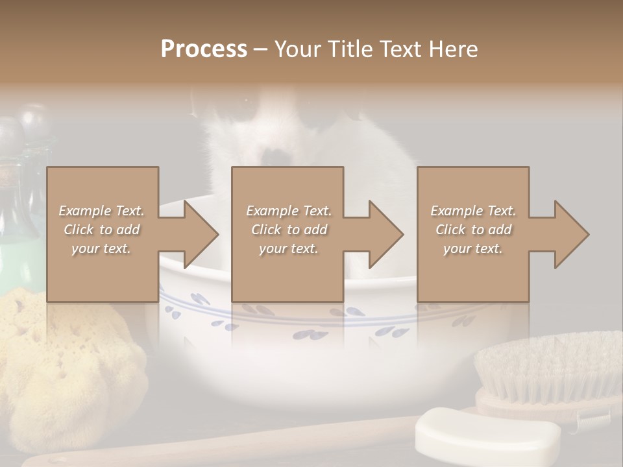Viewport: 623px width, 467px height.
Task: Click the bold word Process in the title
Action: tap(204, 49)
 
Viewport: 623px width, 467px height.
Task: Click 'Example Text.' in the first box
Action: tap(101, 211)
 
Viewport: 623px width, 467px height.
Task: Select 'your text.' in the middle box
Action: tap(288, 248)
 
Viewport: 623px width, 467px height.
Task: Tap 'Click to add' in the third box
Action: tap(473, 230)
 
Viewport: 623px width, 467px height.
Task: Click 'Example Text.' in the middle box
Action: tap(288, 211)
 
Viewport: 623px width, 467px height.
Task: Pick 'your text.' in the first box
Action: tap(101, 248)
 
